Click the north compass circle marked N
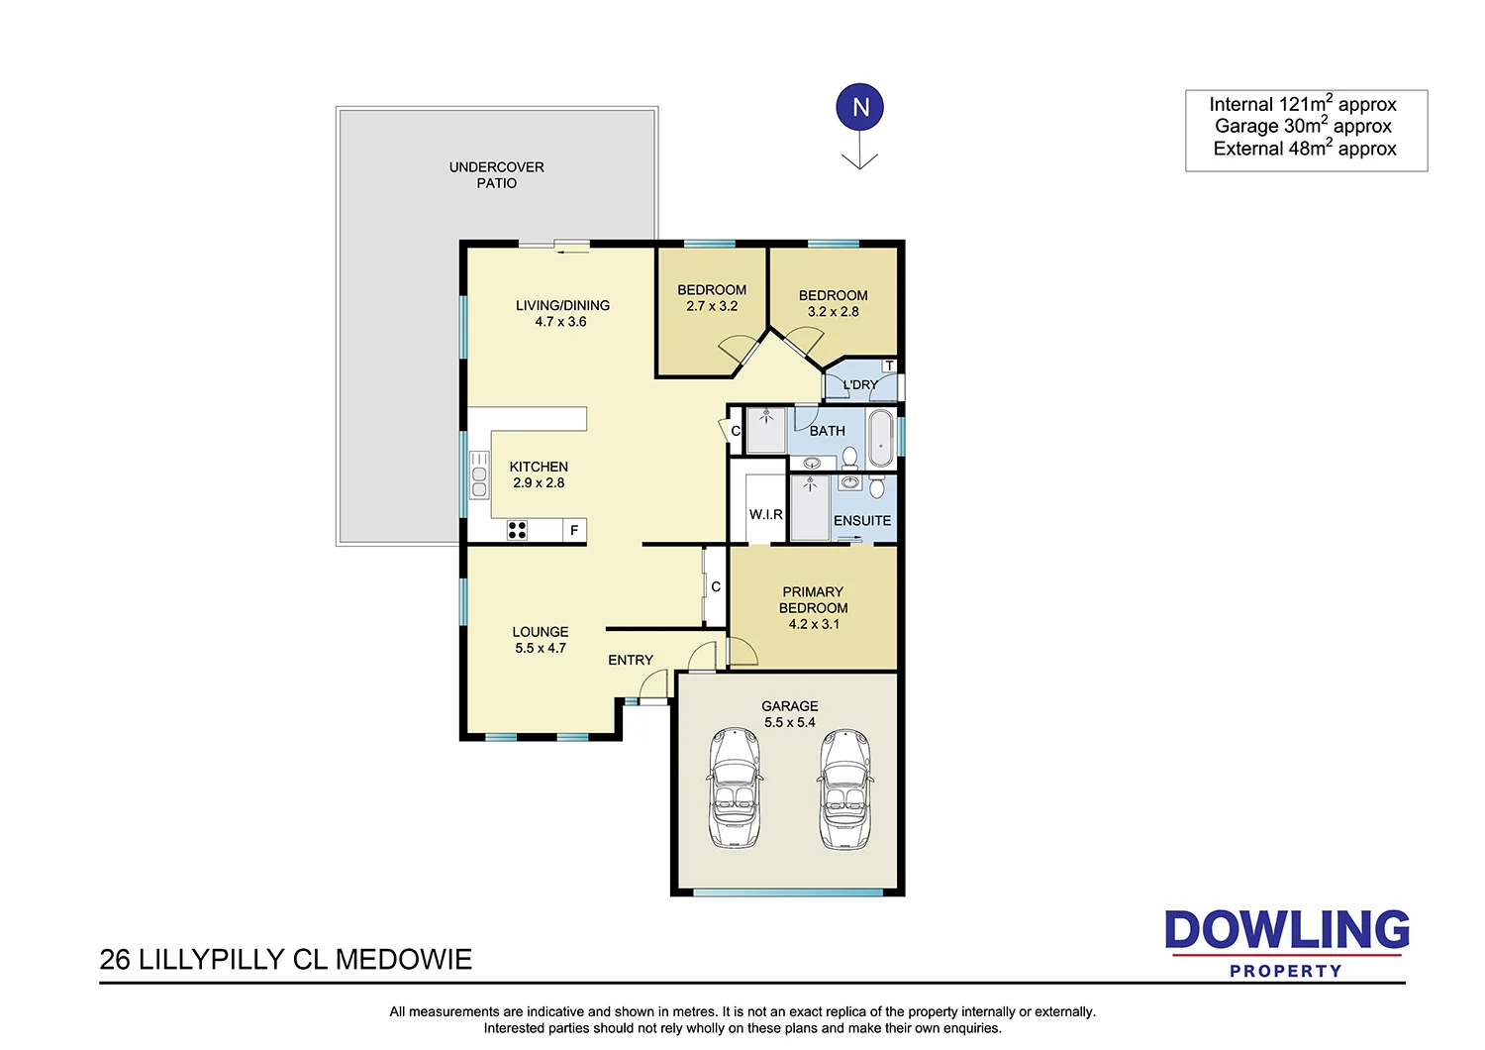point(860,107)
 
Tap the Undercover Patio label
point(496,175)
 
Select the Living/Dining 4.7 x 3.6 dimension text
point(560,322)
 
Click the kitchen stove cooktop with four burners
point(517,530)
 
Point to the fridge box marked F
point(574,531)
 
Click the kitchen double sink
point(479,474)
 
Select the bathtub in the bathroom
point(880,437)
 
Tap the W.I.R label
point(765,515)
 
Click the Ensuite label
point(861,521)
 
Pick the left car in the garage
point(735,788)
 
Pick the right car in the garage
point(844,788)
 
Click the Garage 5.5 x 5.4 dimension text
point(789,722)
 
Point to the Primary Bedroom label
point(813,600)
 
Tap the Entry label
point(631,660)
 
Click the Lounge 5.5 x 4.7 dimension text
point(541,648)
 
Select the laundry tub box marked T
point(889,366)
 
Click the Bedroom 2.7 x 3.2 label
point(712,298)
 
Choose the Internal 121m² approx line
point(1303,104)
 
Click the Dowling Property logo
point(1286,943)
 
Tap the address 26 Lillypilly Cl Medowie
point(286,959)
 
